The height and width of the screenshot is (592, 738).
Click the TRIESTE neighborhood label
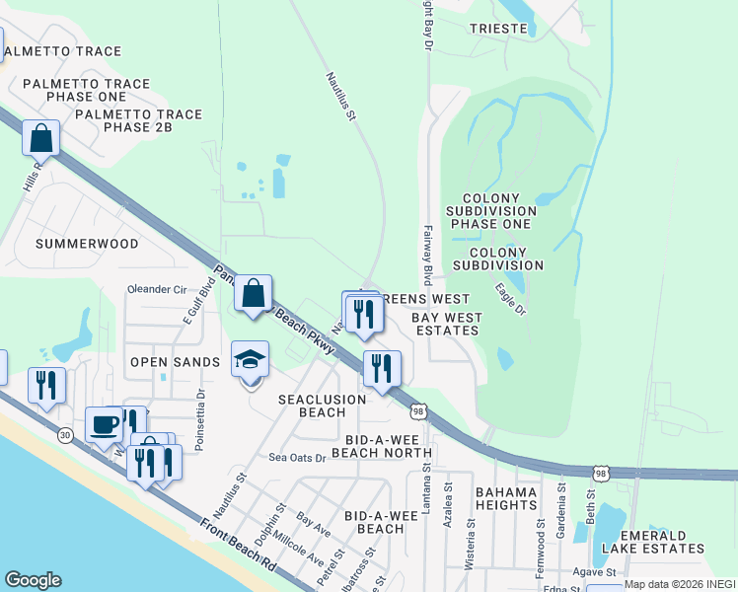coord(498,29)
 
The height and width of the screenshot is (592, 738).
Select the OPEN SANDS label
coord(176,362)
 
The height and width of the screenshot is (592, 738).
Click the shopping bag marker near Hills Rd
coord(41,139)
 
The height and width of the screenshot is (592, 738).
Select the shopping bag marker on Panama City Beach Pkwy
coord(254,293)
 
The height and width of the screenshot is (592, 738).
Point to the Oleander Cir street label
coord(157,289)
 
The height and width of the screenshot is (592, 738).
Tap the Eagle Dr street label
coord(510,298)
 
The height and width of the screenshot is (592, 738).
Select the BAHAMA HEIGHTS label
coord(505,498)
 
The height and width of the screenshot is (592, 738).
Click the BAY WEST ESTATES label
coord(445,324)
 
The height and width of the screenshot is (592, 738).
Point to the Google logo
coord(33,580)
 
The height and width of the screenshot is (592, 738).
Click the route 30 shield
coord(65,433)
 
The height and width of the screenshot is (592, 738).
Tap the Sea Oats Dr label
coord(297,457)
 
